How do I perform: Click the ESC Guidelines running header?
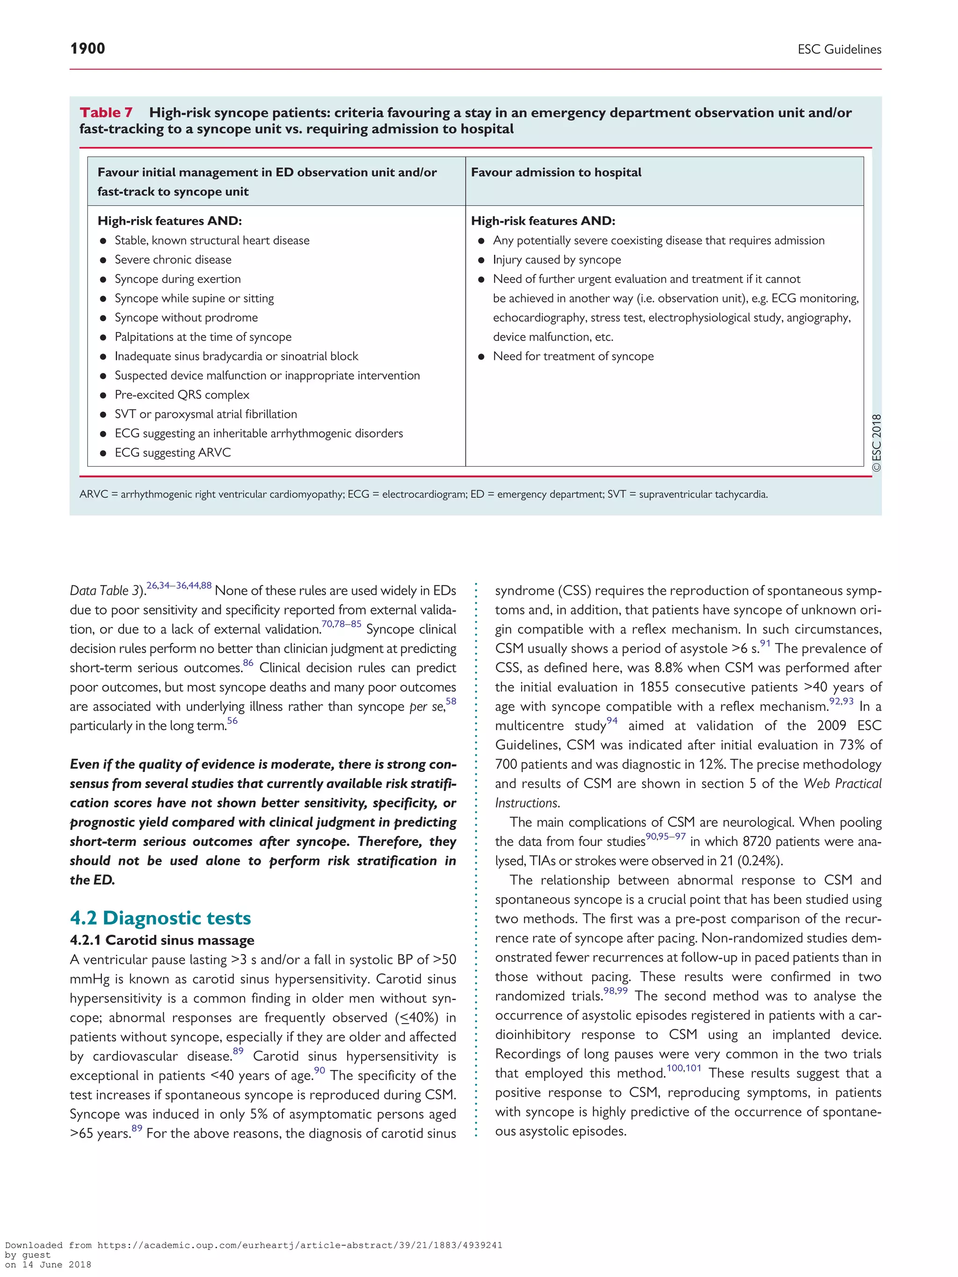click(839, 50)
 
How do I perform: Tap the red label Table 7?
click(106, 113)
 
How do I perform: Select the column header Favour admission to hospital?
click(556, 172)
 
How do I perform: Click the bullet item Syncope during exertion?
click(177, 279)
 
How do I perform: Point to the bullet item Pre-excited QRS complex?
click(182, 395)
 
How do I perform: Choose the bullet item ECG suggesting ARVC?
click(173, 453)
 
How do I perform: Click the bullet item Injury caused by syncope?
click(557, 260)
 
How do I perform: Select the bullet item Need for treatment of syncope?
click(573, 356)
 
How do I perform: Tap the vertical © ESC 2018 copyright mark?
click(876, 443)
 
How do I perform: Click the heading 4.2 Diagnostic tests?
click(160, 918)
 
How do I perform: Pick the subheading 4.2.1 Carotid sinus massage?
click(162, 940)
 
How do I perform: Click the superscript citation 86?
click(248, 663)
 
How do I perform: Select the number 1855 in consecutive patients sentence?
click(655, 687)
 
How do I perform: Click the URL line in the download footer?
click(254, 1245)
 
